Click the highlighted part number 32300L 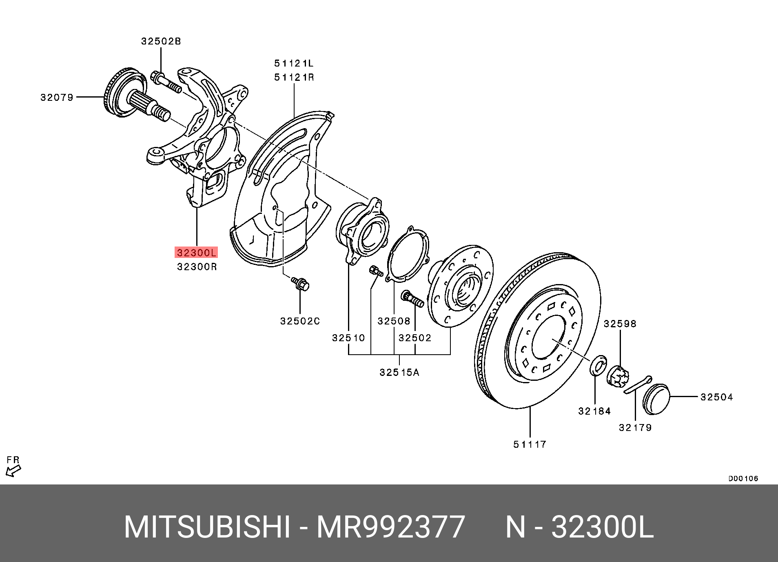click(x=196, y=253)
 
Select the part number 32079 click(x=57, y=97)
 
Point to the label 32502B click(x=161, y=41)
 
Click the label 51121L click(x=294, y=63)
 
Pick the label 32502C click(x=300, y=321)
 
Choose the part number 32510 click(x=349, y=338)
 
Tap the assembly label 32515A click(x=399, y=372)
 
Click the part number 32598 click(x=620, y=324)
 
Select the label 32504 click(x=717, y=397)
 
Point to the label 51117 click(x=530, y=444)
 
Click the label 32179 click(x=635, y=427)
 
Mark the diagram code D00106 click(x=743, y=479)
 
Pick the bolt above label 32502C click(x=300, y=283)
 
